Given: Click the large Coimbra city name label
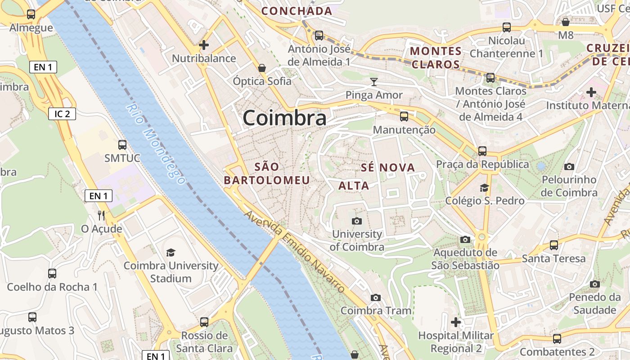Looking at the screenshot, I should [284, 118].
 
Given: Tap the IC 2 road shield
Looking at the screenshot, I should [62, 114].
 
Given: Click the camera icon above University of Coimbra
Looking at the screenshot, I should [356, 221].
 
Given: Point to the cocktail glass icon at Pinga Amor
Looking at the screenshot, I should [373, 82].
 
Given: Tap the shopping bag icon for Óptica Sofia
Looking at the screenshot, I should [262, 68].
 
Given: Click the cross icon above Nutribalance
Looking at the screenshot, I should [204, 45].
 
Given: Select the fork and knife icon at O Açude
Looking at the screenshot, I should [101, 216].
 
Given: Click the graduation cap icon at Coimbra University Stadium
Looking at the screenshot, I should [171, 252].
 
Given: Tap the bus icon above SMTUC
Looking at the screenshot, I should [122, 145].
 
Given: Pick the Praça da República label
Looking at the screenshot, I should [482, 164].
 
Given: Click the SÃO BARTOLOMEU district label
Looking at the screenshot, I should [267, 174].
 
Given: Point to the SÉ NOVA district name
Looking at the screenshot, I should [387, 168].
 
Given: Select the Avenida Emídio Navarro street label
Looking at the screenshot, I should [295, 252].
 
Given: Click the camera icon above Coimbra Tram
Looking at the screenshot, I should [376, 297].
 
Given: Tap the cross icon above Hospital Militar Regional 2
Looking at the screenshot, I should [456, 322].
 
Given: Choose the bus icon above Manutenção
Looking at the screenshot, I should [404, 117].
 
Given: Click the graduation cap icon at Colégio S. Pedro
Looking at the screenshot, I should [485, 188].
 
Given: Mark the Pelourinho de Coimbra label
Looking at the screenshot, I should [569, 186].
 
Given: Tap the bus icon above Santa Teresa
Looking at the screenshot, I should [553, 245].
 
